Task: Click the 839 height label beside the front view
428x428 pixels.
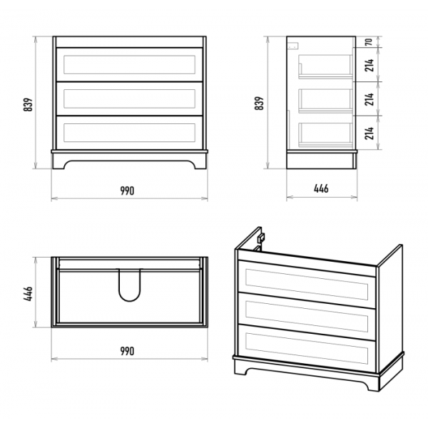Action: tap(28, 105)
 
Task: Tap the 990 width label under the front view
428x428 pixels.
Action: tap(128, 190)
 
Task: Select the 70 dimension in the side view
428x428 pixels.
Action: tap(369, 42)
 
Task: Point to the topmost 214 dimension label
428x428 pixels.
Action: tap(369, 65)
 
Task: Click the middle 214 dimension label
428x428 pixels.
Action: tap(369, 99)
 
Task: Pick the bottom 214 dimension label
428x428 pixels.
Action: tap(369, 133)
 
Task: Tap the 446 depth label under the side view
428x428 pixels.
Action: tap(321, 188)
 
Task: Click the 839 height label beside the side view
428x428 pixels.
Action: tap(259, 103)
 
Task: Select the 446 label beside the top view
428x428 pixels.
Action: tap(28, 293)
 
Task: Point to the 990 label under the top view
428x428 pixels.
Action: tap(128, 351)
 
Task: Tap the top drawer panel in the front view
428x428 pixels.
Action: tap(129, 64)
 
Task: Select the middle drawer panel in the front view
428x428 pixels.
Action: tap(129, 98)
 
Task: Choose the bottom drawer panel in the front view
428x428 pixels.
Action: tap(129, 133)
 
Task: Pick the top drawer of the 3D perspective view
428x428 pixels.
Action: tap(307, 278)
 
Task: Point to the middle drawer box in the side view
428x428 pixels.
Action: tap(325, 100)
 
